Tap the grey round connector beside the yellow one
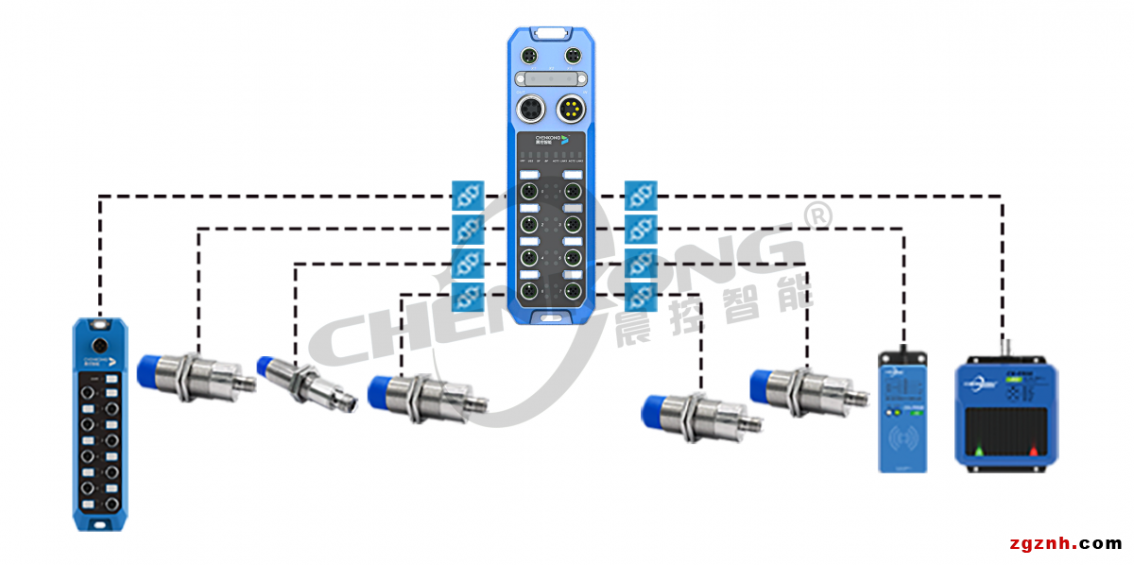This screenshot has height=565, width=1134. (530, 111)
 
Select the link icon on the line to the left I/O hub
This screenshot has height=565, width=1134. (468, 196)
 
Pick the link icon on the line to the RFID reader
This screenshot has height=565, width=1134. (641, 229)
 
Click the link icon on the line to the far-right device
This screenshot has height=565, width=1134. (641, 196)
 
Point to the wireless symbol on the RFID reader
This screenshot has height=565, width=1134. (902, 439)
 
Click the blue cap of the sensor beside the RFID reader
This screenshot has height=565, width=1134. (766, 385)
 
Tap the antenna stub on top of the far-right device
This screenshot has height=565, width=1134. (1004, 349)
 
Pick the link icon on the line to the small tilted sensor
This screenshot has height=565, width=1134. (468, 262)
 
